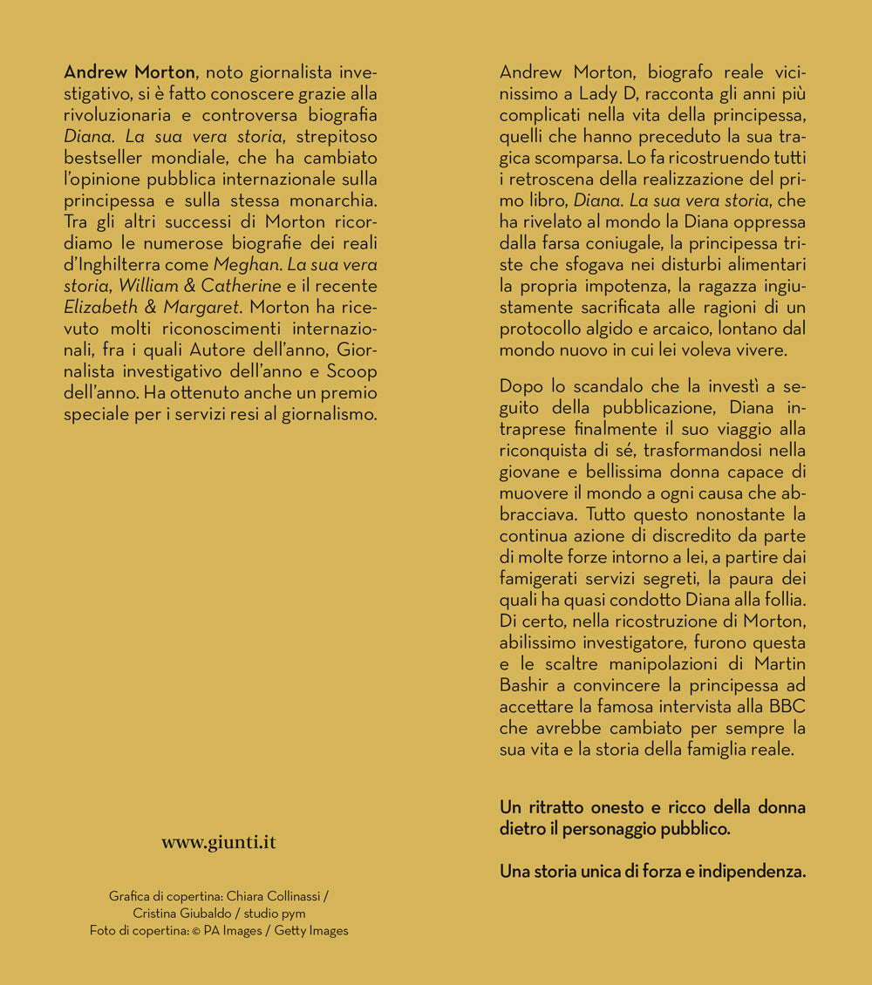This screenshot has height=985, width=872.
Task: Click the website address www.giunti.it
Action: [218, 842]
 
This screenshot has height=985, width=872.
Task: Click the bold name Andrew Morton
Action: [131, 71]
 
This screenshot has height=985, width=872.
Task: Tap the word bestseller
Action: [106, 158]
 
